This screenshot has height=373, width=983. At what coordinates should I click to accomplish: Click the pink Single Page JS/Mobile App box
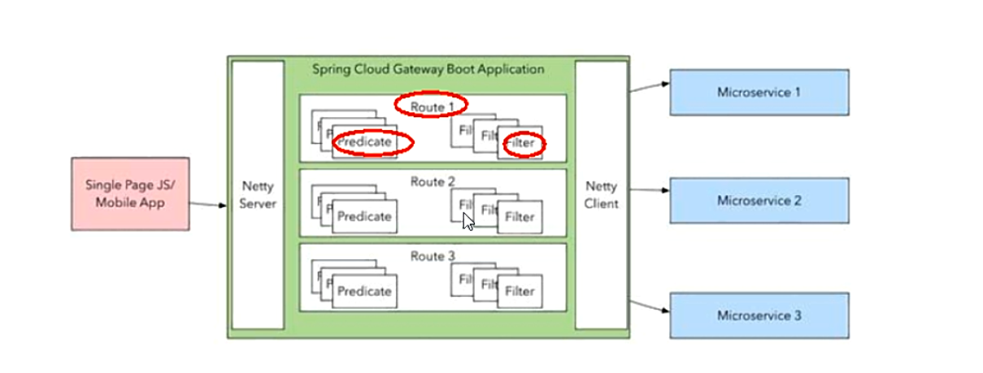130,193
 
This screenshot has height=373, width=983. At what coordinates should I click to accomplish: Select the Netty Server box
258,195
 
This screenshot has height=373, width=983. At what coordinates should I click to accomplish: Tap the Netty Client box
602,195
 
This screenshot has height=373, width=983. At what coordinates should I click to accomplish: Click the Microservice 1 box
759,92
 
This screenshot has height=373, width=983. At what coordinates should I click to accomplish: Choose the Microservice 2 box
759,200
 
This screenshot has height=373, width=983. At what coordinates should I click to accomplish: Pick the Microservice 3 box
759,315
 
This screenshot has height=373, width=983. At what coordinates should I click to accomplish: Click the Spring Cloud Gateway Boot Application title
428,69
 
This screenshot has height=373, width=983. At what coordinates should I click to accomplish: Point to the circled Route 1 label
432,106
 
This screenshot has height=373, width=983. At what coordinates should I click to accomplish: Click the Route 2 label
433,181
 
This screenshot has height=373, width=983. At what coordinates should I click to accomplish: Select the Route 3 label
433,256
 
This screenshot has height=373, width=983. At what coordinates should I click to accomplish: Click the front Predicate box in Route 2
364,217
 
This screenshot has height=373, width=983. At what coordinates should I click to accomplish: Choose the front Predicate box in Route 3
364,291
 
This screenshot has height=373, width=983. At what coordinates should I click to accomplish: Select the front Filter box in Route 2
520,217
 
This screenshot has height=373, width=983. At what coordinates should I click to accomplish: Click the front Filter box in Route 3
520,291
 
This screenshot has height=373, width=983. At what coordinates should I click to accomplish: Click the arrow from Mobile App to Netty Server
209,204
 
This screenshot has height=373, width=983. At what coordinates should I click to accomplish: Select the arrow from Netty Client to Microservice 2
649,191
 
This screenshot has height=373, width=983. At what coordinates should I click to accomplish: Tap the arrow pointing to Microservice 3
649,306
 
